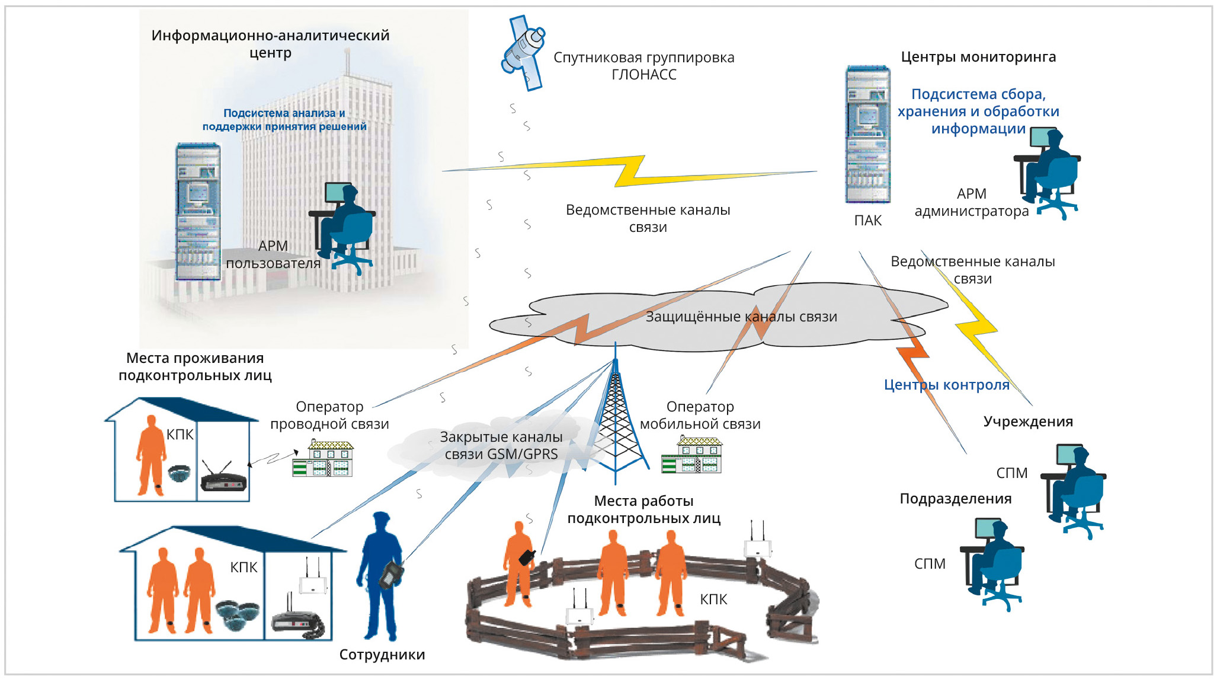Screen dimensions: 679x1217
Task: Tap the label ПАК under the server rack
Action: [867, 221]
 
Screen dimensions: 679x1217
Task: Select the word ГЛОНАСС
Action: [643, 75]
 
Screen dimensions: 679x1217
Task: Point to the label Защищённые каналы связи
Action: [741, 317]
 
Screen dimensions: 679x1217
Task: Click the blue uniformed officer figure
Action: [380, 575]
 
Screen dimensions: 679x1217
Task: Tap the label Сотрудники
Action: [382, 655]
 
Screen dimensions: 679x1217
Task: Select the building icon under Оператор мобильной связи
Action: [691, 455]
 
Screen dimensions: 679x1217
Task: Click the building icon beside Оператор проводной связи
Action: [322, 458]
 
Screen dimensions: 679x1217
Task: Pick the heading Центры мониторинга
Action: [978, 57]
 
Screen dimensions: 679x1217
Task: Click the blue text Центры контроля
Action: [946, 385]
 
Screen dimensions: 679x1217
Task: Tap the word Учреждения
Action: [1028, 422]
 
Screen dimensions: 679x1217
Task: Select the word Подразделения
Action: [955, 499]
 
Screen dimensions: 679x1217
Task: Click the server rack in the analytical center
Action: [198, 211]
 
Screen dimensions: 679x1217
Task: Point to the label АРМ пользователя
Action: [273, 254]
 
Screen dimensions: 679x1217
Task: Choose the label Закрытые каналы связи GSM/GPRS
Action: [501, 445]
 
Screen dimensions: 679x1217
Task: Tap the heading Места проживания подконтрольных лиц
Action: [195, 366]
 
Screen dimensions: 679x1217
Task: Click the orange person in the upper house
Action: [150, 455]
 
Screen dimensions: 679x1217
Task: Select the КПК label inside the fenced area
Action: [713, 600]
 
